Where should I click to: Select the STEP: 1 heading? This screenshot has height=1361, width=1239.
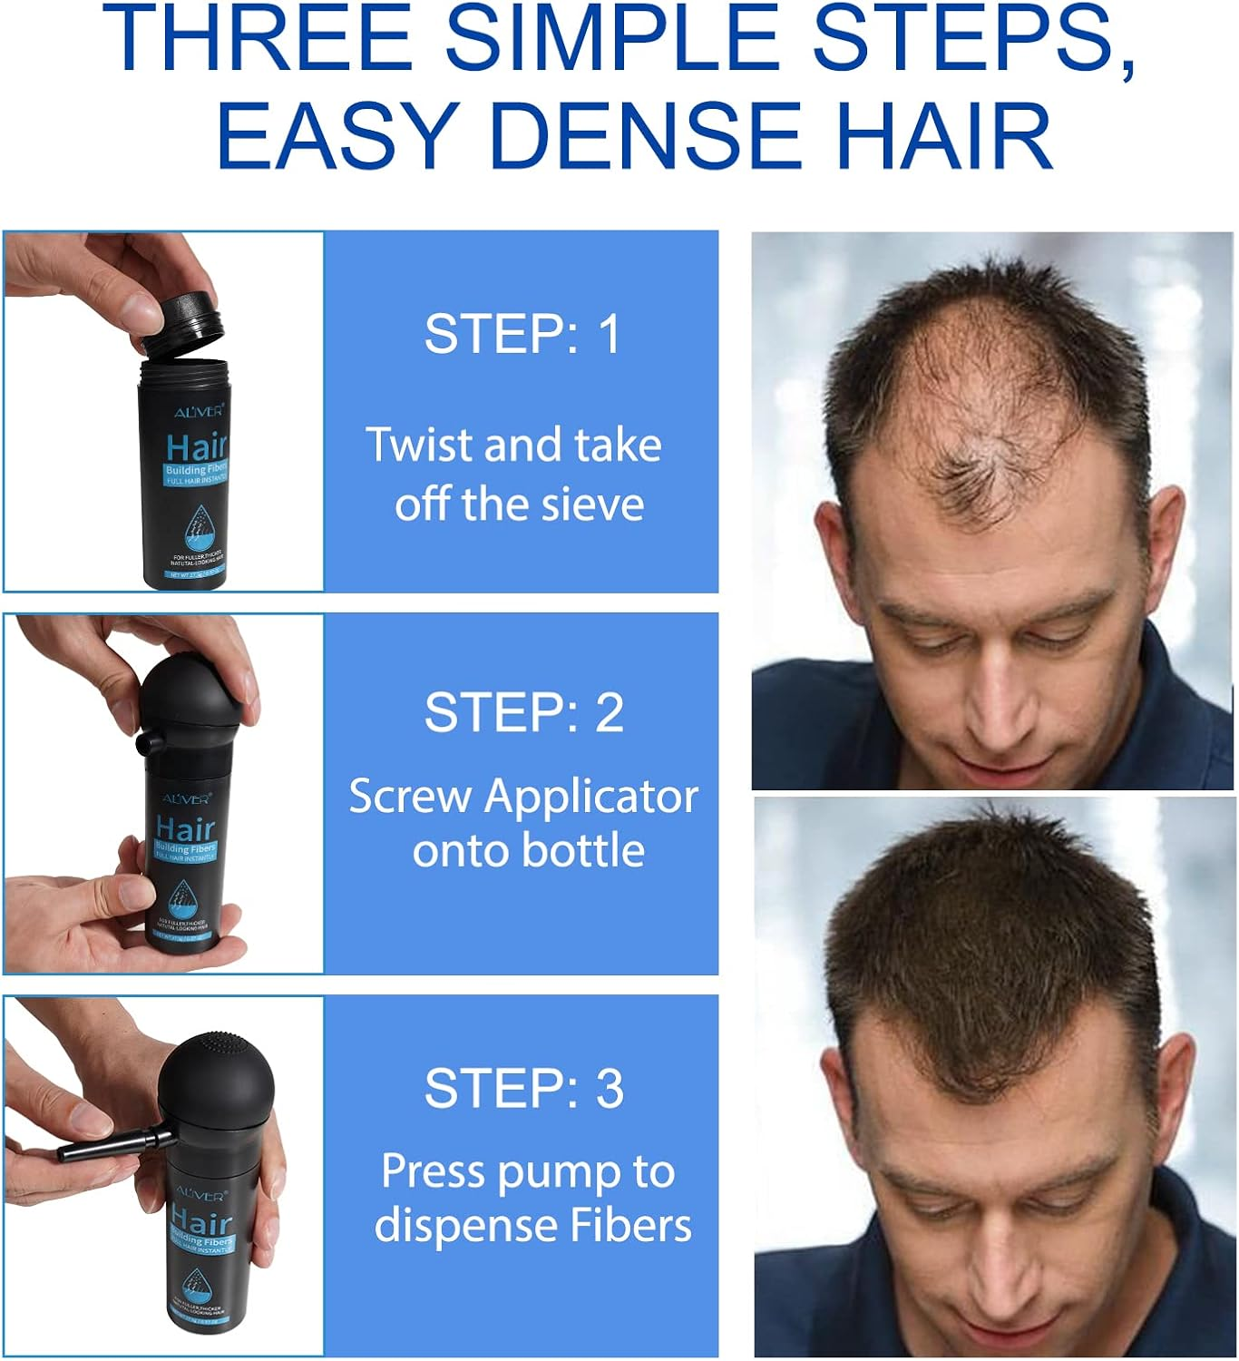(522, 333)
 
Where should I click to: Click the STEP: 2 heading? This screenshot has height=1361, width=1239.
(524, 712)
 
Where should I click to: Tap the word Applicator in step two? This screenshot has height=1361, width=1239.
(591, 797)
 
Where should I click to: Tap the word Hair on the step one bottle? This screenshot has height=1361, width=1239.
(197, 447)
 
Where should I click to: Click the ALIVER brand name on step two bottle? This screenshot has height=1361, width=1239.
(187, 798)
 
